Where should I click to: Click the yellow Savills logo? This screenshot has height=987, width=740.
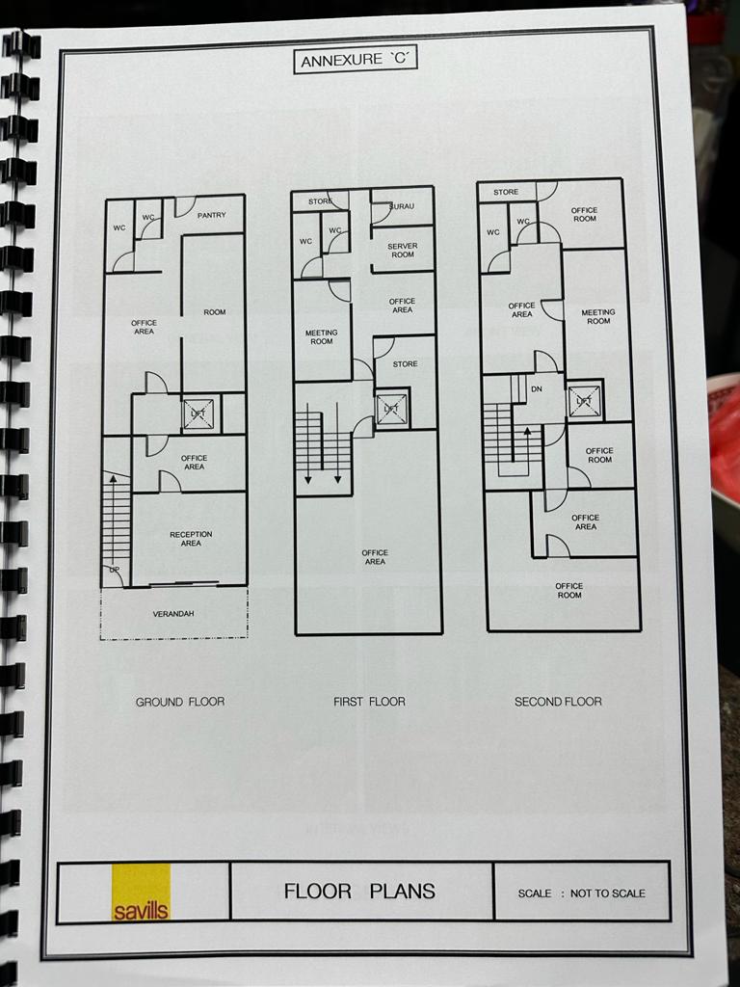141,892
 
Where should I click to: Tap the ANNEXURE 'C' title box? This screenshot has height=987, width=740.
356,60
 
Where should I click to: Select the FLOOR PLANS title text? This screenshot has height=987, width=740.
359,891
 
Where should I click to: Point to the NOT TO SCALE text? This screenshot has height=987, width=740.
607,893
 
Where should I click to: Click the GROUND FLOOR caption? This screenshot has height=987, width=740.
180,702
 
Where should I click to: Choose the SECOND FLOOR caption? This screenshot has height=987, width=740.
558,702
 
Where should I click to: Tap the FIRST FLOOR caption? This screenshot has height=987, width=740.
369,702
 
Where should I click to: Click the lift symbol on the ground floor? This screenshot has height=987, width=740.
198,414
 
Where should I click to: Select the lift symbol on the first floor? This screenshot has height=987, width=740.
392,409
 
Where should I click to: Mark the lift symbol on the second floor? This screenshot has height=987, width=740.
584,401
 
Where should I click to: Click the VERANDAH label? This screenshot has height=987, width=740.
173,614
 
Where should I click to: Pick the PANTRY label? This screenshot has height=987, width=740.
211,215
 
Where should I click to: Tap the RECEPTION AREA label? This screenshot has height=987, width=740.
191,539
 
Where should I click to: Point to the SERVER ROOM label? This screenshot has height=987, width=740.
403,251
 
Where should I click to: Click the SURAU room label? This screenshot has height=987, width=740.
402,206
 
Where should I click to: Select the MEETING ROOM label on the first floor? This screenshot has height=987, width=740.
322,336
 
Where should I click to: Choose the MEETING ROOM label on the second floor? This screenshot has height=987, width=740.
598,316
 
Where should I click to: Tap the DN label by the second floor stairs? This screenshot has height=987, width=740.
537,389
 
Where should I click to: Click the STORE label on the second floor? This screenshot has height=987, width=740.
506,192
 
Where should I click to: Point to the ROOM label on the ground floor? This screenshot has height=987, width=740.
215,312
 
